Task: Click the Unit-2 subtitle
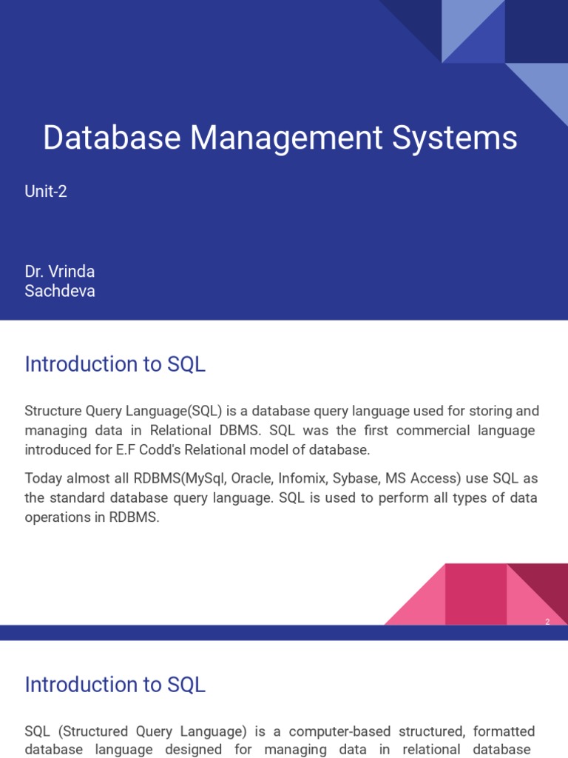coord(46,192)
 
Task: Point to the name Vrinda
coord(71,272)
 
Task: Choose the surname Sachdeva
coord(60,291)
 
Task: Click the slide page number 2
coord(547,622)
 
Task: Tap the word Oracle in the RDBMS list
coord(251,478)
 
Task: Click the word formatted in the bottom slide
coord(503,731)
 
